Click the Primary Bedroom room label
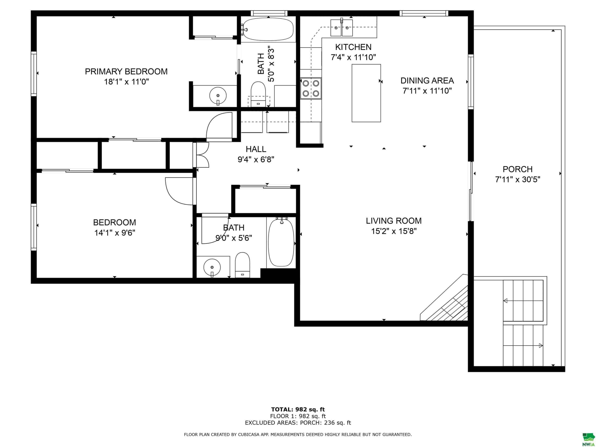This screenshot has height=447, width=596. point(126,71)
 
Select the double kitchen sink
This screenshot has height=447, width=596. point(341,27)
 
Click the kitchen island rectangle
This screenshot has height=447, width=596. point(366,93)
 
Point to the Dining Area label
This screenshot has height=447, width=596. point(427,81)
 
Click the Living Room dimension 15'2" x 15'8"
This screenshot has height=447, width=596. point(394,231)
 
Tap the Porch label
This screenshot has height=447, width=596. point(518,169)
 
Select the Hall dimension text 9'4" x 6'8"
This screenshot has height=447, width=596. point(256,159)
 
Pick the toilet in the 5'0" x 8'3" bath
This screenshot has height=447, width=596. point(258,94)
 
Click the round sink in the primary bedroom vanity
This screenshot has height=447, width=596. point(218,96)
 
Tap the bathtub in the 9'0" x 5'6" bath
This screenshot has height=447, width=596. point(281,243)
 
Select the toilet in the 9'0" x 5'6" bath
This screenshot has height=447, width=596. point(243,265)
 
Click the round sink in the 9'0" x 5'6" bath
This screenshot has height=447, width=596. point(212,268)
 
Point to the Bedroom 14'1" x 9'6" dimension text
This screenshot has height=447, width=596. point(115,233)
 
